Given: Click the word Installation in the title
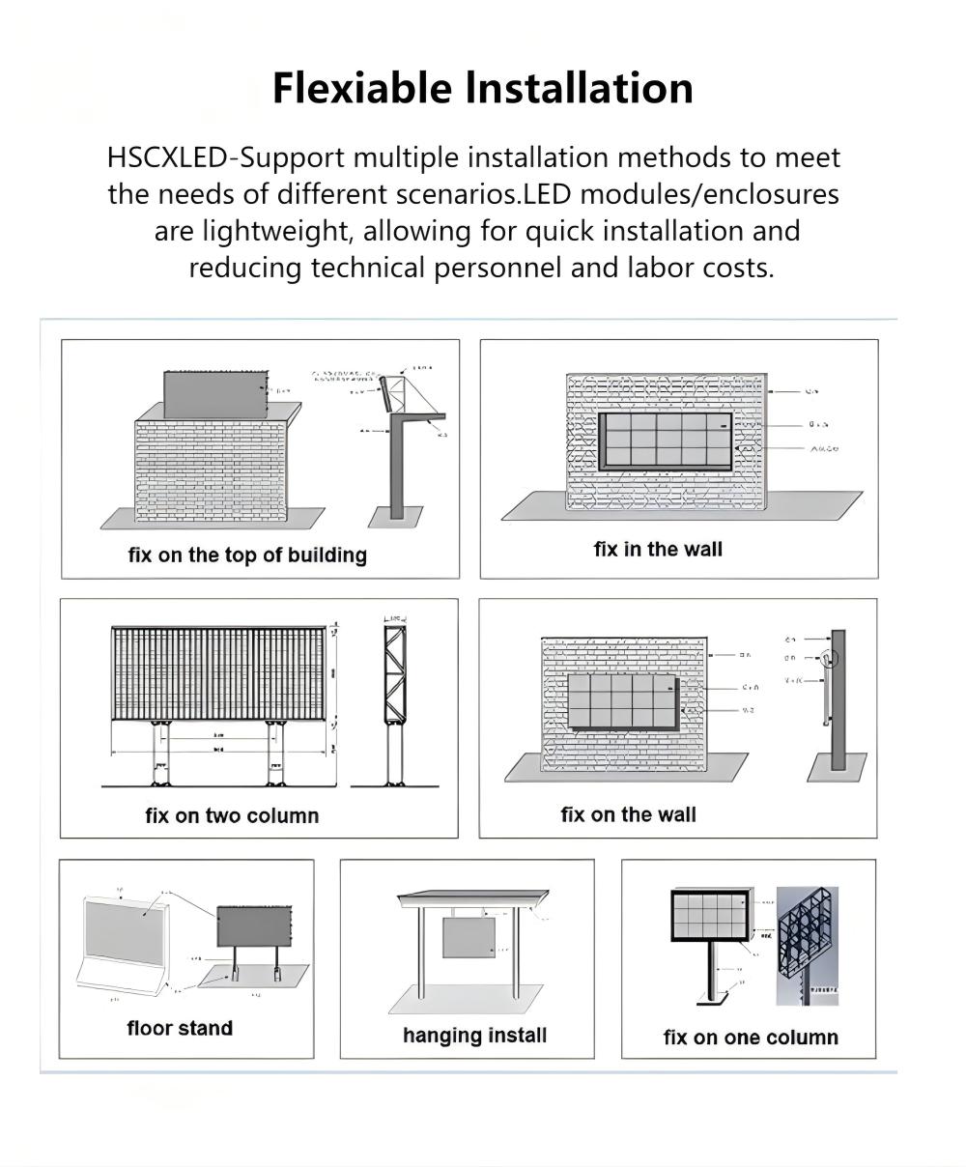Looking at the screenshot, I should coord(580,88).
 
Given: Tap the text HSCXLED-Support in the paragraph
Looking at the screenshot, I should coord(225,157).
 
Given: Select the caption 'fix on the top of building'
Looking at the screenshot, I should coord(247,555).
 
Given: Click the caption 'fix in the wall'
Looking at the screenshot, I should coord(658,550).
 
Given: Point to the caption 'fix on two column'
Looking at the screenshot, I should coord(232,816).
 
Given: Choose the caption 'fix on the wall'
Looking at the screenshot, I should coord(628,815).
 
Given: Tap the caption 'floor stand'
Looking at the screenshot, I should coord(180,1028).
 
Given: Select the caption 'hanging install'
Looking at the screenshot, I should coord(474,1036).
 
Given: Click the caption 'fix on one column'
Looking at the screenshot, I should coord(751,1038).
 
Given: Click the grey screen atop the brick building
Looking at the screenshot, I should coord(214,394).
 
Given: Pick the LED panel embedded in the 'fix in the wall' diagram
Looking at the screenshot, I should coord(666,441).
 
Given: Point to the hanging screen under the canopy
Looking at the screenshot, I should coord(469,937).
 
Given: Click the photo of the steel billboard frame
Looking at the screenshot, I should coord(808,945).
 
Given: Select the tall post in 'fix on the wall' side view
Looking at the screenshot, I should coord(838,700).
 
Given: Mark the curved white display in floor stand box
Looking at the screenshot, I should coord(123,942).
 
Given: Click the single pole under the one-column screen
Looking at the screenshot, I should coord(711,970).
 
